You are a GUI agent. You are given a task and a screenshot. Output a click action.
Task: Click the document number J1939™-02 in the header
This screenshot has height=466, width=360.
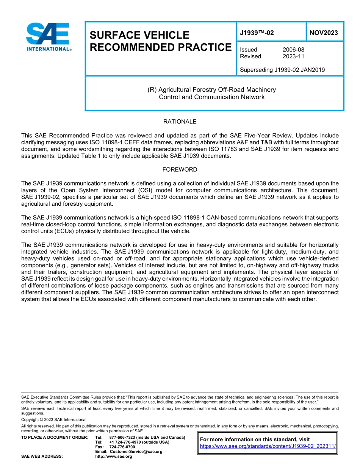tap(257, 33)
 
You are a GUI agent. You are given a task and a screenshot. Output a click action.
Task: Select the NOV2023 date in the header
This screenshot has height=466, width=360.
tap(324, 33)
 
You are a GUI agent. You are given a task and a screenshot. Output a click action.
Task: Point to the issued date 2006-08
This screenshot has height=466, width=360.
tap(293, 50)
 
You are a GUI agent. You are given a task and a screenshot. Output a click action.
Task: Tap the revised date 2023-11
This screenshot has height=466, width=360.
tap(293, 56)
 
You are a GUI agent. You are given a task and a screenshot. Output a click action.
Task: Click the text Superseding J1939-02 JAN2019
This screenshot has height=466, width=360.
tap(282, 70)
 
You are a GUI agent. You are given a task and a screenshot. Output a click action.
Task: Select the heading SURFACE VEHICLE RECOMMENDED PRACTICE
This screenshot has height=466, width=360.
tap(160, 41)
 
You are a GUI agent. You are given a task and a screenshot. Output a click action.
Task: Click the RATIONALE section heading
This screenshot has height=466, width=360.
tap(180, 122)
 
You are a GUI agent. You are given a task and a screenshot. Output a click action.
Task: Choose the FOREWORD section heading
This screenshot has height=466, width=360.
tap(180, 169)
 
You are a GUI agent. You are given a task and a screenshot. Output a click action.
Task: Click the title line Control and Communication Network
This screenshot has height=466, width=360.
tap(211, 97)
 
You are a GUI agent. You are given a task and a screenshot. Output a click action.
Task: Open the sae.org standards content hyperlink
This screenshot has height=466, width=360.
tap(268, 446)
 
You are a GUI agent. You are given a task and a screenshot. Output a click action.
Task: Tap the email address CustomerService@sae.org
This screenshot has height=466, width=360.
tap(136, 452)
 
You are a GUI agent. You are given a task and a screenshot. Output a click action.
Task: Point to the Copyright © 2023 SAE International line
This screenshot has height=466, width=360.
tap(54, 420)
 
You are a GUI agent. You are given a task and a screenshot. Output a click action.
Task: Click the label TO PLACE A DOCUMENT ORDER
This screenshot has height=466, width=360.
tap(55, 438)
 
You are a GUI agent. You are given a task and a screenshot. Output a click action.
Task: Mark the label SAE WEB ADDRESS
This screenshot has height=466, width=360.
tap(42, 457)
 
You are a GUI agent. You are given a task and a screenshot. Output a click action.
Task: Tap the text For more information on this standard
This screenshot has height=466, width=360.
tap(255, 439)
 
